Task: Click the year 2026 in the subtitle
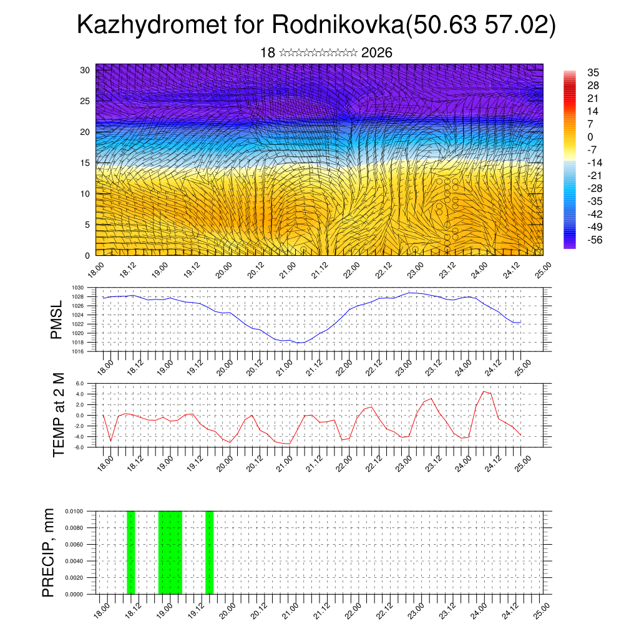[x=376, y=53]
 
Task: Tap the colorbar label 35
[x=593, y=72]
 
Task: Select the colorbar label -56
[x=593, y=240]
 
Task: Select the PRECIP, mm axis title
[x=49, y=552]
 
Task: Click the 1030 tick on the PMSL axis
[x=79, y=288]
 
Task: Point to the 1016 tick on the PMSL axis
[x=79, y=351]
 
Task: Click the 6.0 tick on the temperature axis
[x=80, y=383]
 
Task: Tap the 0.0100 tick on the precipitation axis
[x=76, y=511]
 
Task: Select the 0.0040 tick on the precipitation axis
[x=76, y=561]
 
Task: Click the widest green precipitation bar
[x=170, y=552]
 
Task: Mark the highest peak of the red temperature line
[x=484, y=391]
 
